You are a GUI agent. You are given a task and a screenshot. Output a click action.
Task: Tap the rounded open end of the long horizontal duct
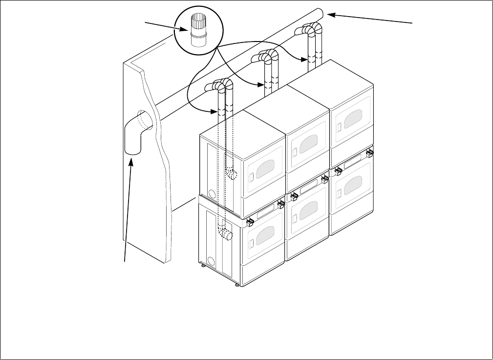(320, 13)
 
